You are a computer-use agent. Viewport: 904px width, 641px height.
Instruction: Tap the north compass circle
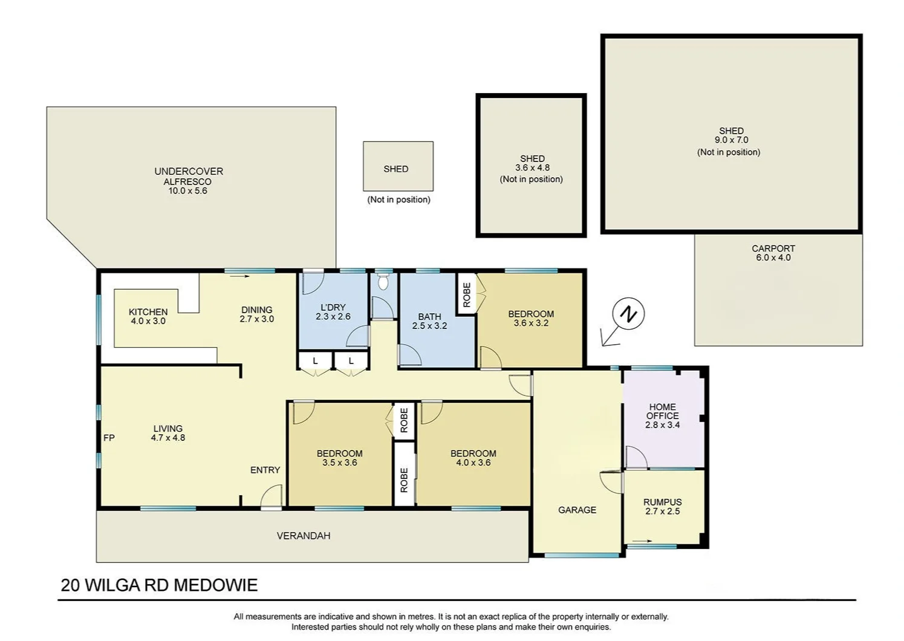tap(628, 314)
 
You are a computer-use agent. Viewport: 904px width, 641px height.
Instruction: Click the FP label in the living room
tap(109, 438)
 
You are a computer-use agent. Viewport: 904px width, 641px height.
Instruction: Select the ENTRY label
tap(265, 470)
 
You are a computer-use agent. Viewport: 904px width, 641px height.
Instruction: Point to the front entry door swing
tap(272, 496)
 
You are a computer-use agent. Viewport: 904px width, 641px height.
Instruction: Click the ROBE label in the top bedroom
tap(467, 294)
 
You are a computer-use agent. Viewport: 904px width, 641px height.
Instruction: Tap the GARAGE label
tap(577, 510)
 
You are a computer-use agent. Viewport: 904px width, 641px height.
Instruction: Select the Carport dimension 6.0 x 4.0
tap(773, 258)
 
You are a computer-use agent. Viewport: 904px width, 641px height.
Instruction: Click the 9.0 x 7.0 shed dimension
tap(731, 140)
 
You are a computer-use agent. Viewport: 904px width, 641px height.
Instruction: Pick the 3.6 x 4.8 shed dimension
tap(532, 168)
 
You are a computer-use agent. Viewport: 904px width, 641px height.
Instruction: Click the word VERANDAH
tap(304, 536)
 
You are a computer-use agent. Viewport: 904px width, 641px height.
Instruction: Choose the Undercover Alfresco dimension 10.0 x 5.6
tap(187, 190)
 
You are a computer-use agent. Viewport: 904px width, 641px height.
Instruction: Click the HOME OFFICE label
tap(663, 411)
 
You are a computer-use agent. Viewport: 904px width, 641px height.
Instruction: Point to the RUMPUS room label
tap(663, 502)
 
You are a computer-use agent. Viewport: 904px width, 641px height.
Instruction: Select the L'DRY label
tap(333, 308)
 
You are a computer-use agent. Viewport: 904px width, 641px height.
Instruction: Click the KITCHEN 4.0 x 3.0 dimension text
tap(148, 321)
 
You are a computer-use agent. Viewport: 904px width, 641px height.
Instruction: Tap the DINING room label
tap(256, 310)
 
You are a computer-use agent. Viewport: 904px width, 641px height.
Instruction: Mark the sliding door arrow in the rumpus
tap(642, 541)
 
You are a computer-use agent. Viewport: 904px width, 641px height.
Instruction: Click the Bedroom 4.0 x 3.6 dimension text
tap(473, 463)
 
